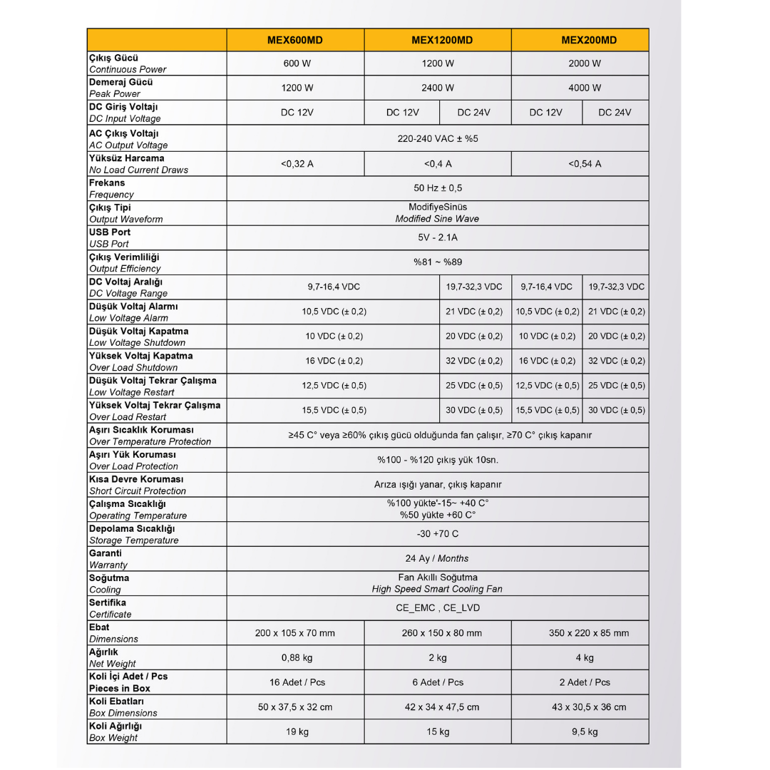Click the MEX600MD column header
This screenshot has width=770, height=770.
[295, 40]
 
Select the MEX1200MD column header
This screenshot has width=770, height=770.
[438, 40]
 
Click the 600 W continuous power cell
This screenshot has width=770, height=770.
[297, 63]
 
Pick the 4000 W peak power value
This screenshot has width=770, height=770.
[585, 88]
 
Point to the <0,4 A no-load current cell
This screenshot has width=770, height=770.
[438, 164]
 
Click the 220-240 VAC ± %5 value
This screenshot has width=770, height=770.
[438, 138]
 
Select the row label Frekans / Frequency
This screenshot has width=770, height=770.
[111, 188]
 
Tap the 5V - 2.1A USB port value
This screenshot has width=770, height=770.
[438, 237]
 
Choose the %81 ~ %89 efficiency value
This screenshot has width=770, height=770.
[438, 262]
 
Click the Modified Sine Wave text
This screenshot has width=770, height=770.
[438, 219]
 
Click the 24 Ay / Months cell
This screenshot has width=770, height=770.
[438, 558]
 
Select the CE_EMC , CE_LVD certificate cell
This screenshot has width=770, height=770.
[438, 608]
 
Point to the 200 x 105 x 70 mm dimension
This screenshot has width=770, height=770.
[295, 633]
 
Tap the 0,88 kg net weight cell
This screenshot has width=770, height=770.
[297, 657]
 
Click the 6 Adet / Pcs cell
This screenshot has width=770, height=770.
[438, 682]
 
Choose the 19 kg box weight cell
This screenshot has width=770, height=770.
[297, 731]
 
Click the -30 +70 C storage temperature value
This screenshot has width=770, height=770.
[438, 534]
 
